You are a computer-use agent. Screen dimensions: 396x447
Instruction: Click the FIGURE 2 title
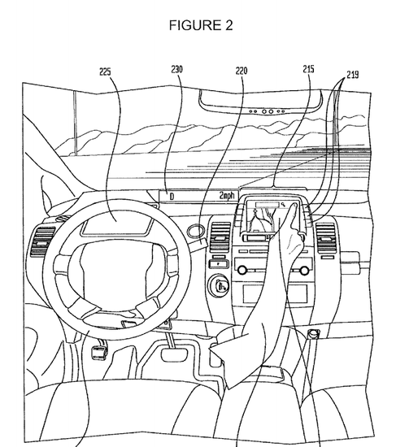pyautogui.click(x=201, y=25)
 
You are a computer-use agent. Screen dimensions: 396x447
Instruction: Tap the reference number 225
pyautogui.click(x=105, y=72)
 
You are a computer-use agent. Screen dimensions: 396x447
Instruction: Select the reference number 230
pyautogui.click(x=177, y=70)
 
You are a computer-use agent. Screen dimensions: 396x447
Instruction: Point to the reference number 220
pyautogui.click(x=242, y=71)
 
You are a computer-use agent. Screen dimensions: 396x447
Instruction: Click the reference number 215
pyautogui.click(x=308, y=69)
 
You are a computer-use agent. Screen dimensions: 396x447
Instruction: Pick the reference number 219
pyautogui.click(x=353, y=75)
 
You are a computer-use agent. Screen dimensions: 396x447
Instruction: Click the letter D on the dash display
pyautogui.click(x=172, y=197)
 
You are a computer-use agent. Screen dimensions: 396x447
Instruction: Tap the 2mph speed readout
pyautogui.click(x=227, y=196)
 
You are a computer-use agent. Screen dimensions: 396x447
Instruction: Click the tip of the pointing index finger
pyautogui.click(x=294, y=204)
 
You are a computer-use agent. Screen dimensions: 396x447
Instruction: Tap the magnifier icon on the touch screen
pyautogui.click(x=283, y=204)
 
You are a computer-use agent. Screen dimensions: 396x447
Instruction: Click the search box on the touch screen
pyautogui.click(x=268, y=205)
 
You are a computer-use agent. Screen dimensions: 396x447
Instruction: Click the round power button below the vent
pyautogui.click(x=219, y=285)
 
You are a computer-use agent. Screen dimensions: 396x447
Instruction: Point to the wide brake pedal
pyautogui.click(x=174, y=354)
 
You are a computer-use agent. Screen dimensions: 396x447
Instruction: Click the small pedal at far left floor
pyautogui.click(x=98, y=353)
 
